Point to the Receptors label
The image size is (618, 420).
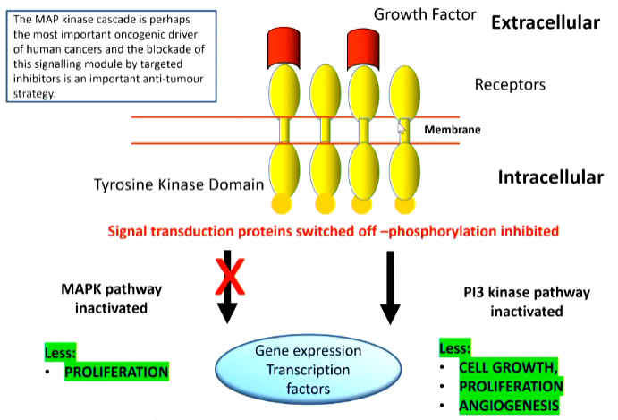pyautogui.click(x=509, y=86)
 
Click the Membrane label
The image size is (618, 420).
pyautogui.click(x=452, y=130)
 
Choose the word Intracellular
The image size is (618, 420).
pyautogui.click(x=548, y=177)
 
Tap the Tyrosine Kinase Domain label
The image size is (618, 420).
pyautogui.click(x=179, y=185)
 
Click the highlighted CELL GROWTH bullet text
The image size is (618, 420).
pyautogui.click(x=506, y=368)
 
